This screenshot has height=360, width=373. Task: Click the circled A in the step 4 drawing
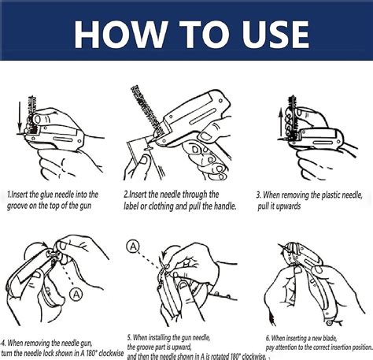(76, 294)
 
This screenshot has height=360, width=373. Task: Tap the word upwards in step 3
(297, 205)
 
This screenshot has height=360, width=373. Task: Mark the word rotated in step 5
(216, 356)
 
